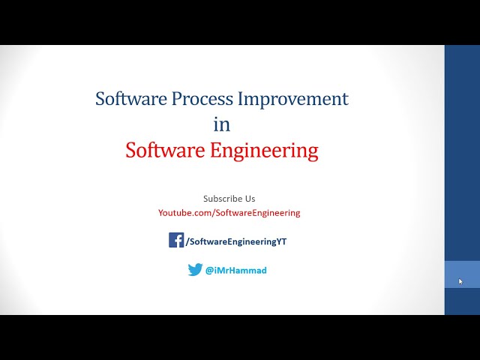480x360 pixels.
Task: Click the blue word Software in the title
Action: coord(127,98)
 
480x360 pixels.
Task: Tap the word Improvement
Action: coord(293,98)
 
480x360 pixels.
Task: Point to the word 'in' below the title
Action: coord(221,124)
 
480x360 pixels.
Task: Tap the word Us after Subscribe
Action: coord(250,199)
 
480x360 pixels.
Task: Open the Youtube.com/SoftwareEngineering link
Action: coord(229,213)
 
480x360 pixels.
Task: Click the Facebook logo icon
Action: coord(176,240)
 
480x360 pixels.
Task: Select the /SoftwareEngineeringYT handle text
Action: coord(236,241)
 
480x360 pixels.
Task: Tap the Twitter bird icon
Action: coord(195,270)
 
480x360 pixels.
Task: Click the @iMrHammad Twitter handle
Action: coord(236,271)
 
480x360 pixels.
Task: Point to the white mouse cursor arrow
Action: coord(460,282)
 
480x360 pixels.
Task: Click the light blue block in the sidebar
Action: coord(462,274)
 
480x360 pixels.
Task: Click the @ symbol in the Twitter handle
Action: coord(210,271)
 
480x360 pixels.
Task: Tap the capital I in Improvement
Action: coord(241,98)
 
